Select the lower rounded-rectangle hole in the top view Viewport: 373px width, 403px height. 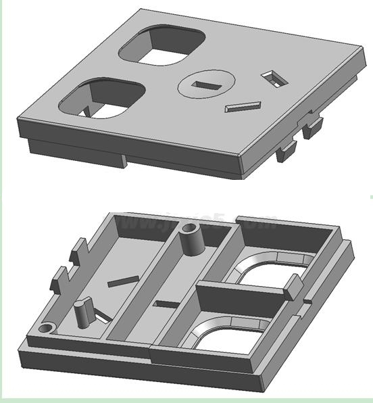(103, 100)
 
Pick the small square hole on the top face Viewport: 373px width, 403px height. (274, 78)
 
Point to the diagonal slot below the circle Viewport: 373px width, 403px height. (243, 106)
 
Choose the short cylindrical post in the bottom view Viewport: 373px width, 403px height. (84, 312)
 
